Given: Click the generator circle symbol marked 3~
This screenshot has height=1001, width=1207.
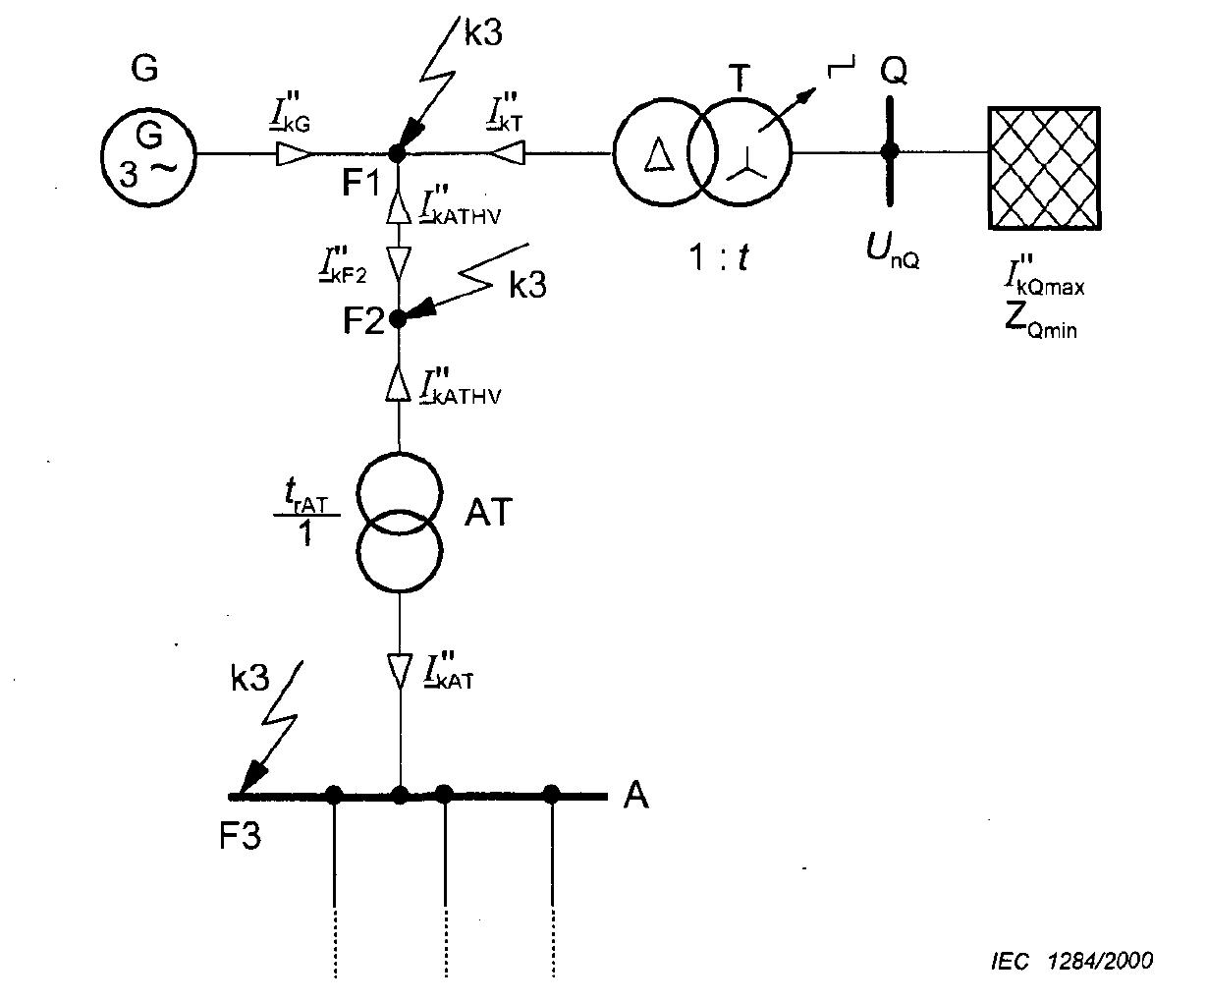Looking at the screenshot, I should pos(148,154).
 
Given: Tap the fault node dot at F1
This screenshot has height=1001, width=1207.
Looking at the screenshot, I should pos(397,153).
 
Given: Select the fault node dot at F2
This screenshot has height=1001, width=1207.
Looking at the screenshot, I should pos(398,318).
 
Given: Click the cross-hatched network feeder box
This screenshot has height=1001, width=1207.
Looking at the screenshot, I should pos(1044,169).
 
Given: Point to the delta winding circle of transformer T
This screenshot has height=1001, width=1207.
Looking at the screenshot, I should pos(659,154).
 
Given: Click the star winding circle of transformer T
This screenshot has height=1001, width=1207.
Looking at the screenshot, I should pos(741,154).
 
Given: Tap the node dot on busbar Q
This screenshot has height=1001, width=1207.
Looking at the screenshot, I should pos(891,151).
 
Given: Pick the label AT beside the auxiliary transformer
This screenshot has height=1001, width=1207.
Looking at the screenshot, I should pos(489,512).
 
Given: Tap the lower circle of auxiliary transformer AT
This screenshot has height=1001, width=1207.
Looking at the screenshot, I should pos(399,549).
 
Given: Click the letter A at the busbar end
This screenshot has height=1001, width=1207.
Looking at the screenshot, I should pos(636,795).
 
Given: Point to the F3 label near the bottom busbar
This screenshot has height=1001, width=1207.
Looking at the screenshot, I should pos(241,837).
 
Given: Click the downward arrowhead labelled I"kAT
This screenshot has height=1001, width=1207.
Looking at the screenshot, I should pos(399,671).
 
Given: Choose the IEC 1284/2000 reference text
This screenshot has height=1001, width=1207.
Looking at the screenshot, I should pos(1071,960).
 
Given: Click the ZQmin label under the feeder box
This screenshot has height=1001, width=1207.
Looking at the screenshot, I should pos(1039,323).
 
